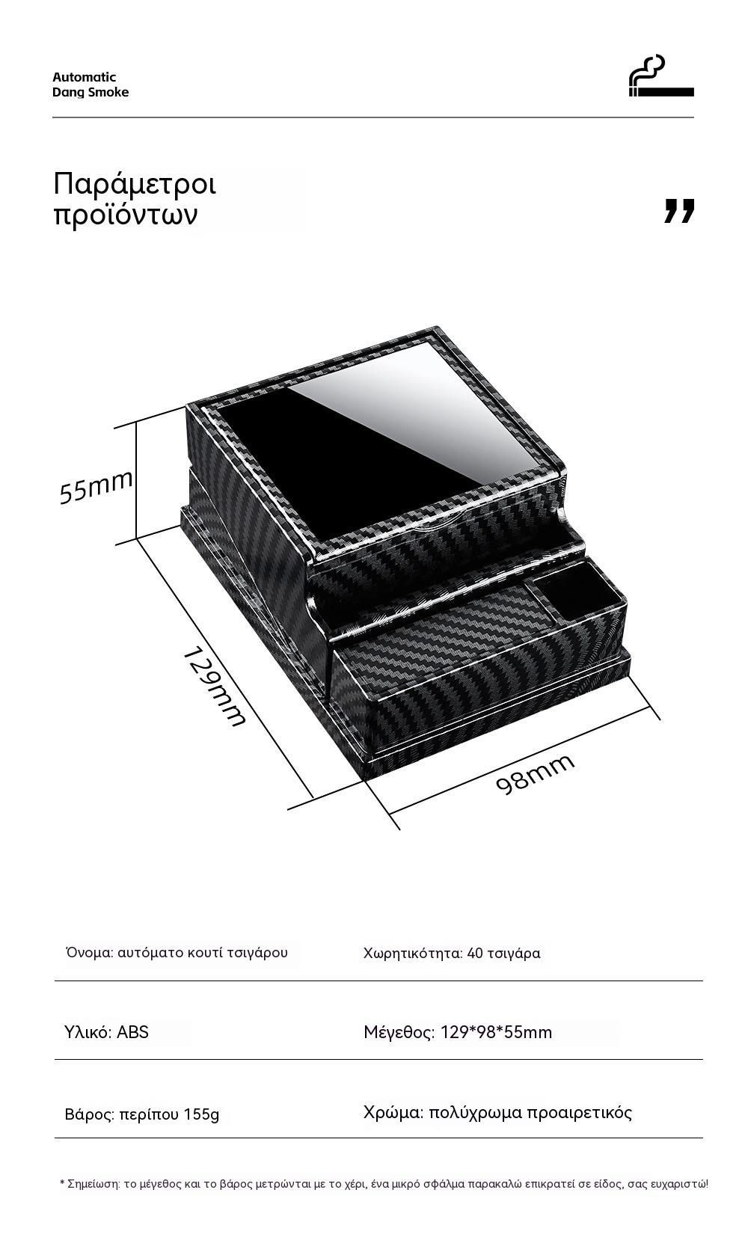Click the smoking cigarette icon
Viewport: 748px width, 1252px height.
661,76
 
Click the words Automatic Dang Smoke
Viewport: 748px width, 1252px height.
90,85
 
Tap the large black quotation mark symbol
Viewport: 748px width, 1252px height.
679,211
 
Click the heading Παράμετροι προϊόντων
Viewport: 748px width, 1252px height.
135,199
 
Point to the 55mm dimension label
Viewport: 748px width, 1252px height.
96,486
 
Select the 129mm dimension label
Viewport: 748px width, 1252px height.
214,687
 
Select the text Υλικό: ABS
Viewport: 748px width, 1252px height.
107,1032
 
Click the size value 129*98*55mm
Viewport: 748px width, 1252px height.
496,1032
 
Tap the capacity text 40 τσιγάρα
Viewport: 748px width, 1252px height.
503,953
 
